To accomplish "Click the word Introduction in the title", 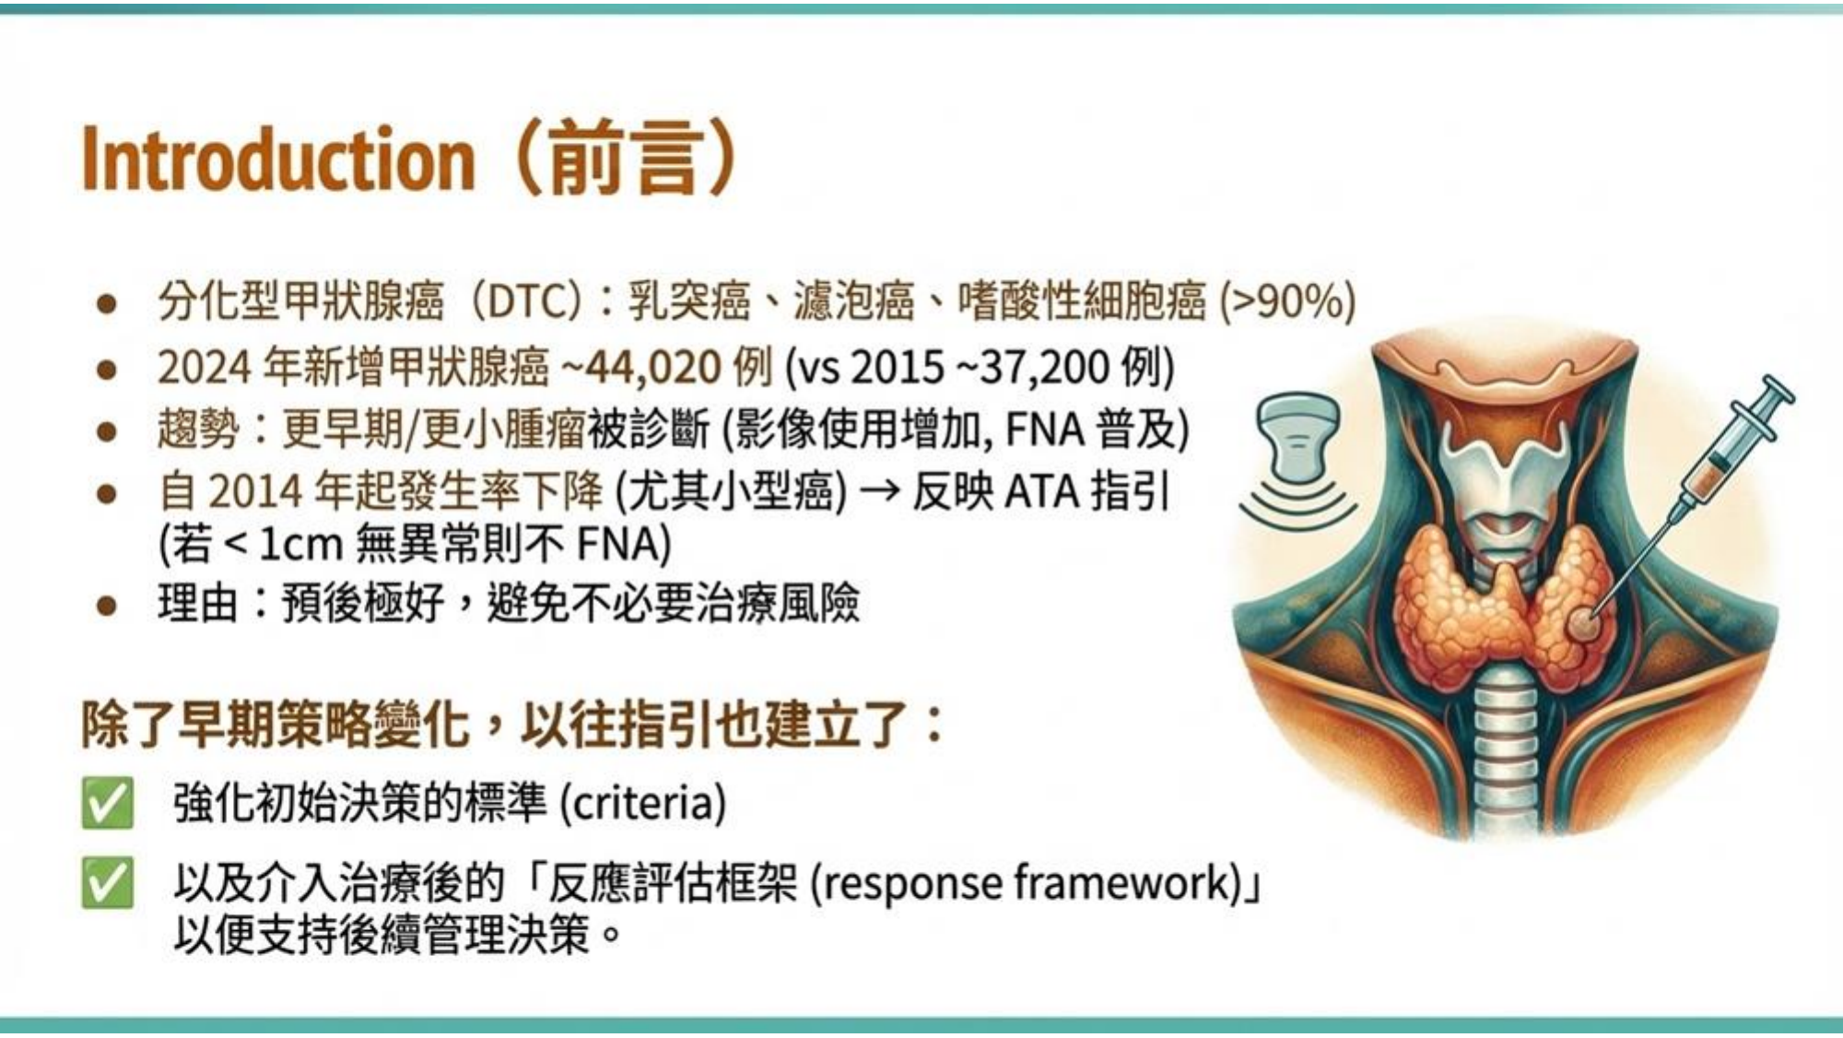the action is click(x=278, y=159).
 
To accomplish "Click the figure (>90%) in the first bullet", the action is click(x=1288, y=301).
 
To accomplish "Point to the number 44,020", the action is click(x=654, y=368).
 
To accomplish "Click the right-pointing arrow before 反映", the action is click(x=879, y=492).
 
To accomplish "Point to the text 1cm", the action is click(x=300, y=545).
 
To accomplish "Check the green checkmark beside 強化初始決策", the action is click(x=107, y=803).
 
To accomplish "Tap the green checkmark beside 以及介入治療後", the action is click(x=107, y=882).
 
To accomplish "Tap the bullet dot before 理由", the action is click(x=107, y=606).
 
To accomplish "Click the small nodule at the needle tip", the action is click(x=1584, y=624).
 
